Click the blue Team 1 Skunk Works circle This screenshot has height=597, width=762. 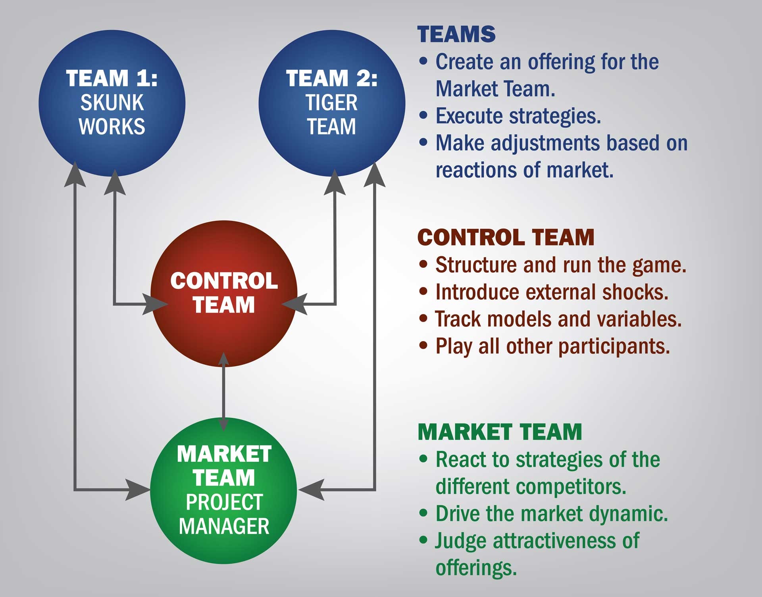click(112, 104)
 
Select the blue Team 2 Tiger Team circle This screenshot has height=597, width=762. click(332, 104)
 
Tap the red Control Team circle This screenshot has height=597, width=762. click(224, 294)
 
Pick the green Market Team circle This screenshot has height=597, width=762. click(224, 490)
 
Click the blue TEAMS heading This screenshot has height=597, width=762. click(456, 34)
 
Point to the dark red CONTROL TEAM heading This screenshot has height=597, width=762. click(506, 237)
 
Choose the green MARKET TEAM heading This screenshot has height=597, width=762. click(500, 432)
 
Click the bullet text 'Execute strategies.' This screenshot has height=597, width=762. click(518, 116)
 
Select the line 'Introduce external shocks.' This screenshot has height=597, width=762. click(552, 292)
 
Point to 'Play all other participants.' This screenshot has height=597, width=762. click(553, 346)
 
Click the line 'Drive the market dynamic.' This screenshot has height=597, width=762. click(552, 513)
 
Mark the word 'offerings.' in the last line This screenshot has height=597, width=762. click(476, 568)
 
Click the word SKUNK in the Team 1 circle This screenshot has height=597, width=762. click(112, 103)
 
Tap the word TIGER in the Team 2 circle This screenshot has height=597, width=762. click(331, 103)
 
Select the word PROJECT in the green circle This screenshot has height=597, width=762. click(224, 502)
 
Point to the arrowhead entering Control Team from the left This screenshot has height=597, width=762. click(156, 305)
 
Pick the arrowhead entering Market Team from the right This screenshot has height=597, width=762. click(312, 490)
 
